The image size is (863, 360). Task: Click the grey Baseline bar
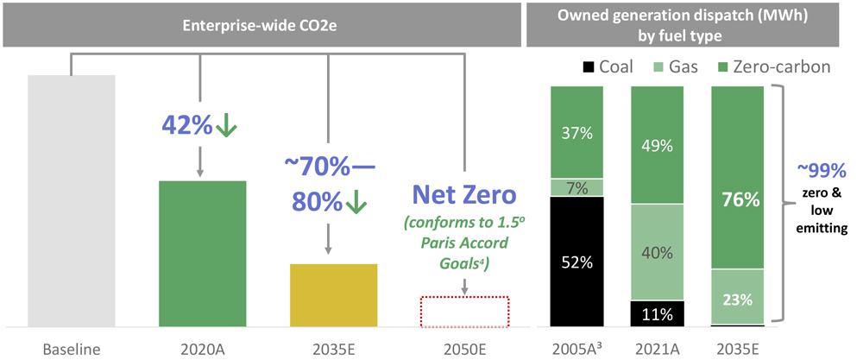pyautogui.click(x=71, y=200)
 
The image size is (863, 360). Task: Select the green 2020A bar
pyautogui.click(x=203, y=254)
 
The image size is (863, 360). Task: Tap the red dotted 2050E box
pyautogui.click(x=465, y=312)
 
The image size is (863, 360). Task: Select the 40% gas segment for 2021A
pyautogui.click(x=658, y=252)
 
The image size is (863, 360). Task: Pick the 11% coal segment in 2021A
pyautogui.click(x=658, y=313)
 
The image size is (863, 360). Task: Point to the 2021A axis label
pyautogui.click(x=658, y=350)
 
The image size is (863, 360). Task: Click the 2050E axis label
pyautogui.click(x=465, y=350)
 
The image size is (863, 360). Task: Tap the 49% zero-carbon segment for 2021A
pyautogui.click(x=658, y=145)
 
